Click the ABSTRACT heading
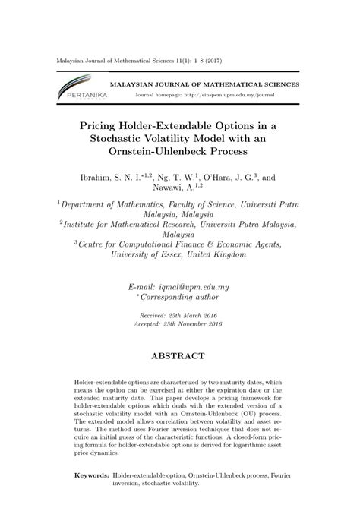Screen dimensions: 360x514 pyautogui.click(x=180, y=356)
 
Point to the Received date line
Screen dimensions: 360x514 pyautogui.click(x=179, y=314)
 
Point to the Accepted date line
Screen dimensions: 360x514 pyautogui.click(x=179, y=323)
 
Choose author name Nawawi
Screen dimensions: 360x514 pyautogui.click(x=166, y=189)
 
